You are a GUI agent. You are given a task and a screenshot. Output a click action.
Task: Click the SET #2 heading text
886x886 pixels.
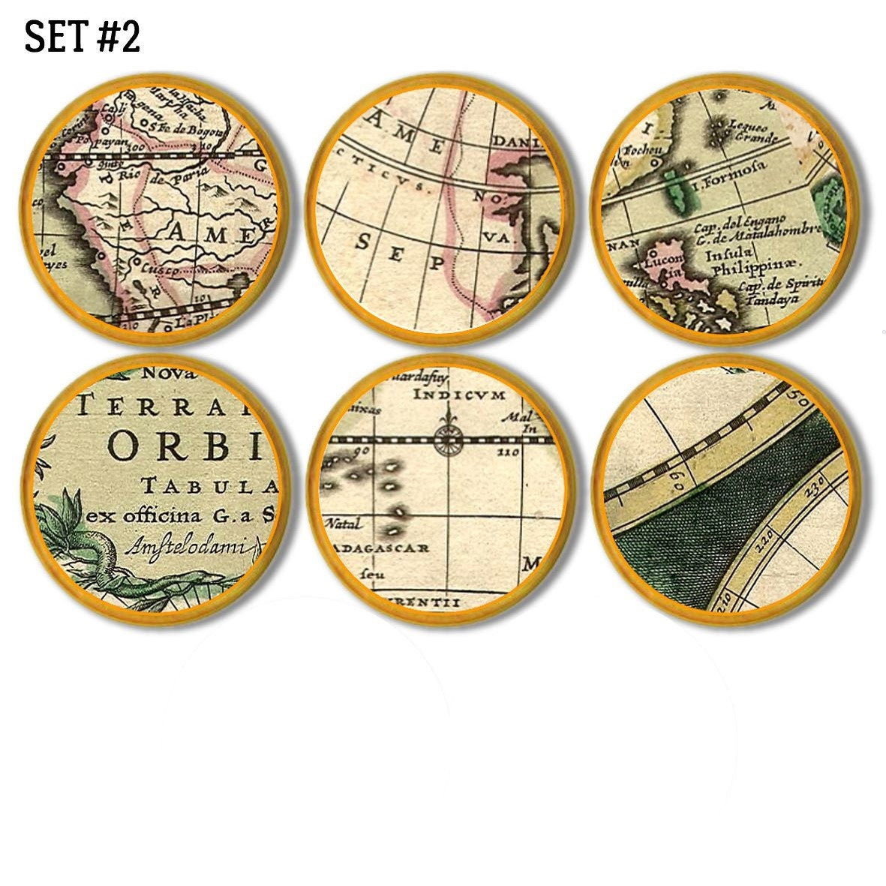click(83, 37)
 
